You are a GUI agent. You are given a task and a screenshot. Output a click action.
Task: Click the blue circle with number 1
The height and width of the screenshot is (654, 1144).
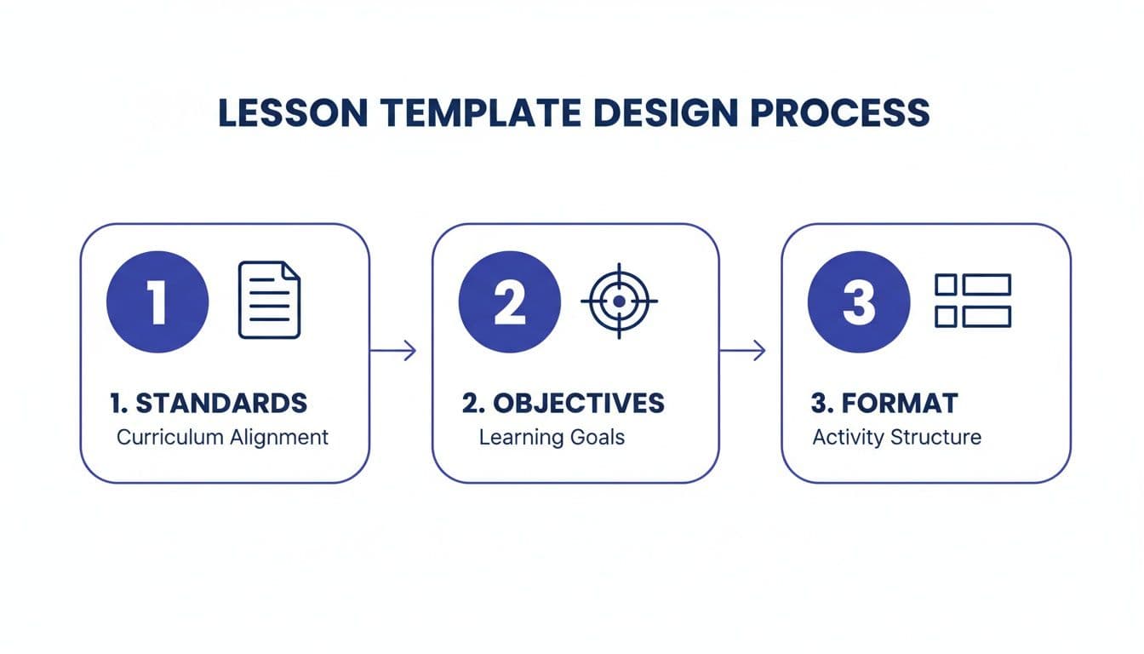(x=157, y=302)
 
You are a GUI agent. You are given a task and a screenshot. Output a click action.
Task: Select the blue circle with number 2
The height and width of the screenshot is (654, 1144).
(x=509, y=302)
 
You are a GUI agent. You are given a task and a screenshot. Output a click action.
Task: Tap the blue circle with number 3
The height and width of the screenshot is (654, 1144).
(x=858, y=302)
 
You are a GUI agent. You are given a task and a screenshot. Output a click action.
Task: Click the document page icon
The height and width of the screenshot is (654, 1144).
(x=269, y=300)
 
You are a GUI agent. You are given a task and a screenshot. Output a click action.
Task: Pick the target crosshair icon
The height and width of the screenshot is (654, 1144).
(x=619, y=301)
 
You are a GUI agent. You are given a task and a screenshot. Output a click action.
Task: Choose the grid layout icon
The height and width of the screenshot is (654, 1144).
(x=973, y=301)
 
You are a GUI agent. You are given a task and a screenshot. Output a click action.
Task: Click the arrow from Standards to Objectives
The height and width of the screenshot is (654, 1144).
(x=393, y=350)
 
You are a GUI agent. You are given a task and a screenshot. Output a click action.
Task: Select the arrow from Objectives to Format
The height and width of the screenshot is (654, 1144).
(x=742, y=350)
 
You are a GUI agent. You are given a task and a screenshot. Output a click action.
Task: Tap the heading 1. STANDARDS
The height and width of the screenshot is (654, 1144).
(x=209, y=403)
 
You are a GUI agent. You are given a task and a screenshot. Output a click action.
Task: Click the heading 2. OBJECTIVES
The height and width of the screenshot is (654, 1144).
(x=563, y=403)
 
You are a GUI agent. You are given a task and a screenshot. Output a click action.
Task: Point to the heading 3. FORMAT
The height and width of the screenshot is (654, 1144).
(x=885, y=403)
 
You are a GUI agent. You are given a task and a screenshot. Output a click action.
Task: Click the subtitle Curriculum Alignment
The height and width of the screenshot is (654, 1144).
(x=222, y=438)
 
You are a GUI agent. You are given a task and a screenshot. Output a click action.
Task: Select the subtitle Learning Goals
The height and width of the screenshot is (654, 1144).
(x=552, y=438)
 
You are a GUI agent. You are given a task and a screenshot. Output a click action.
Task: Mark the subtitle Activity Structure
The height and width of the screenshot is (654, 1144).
(x=896, y=438)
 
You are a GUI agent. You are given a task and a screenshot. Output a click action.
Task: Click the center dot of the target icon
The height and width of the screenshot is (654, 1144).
(x=619, y=301)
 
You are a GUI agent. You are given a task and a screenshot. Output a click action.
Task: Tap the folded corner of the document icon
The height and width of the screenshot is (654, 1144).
(x=291, y=270)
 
